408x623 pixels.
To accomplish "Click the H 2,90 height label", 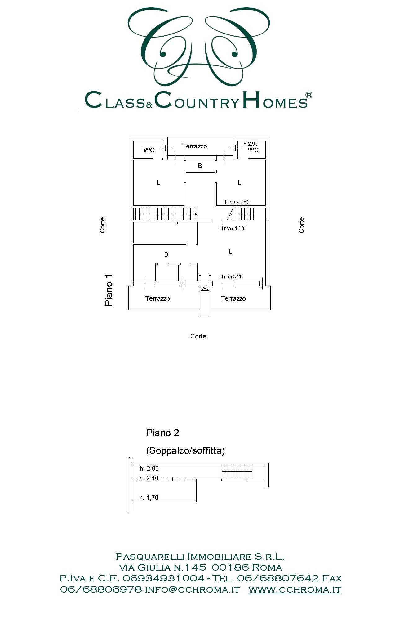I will (x=250, y=144).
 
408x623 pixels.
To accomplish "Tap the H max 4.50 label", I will (x=237, y=202).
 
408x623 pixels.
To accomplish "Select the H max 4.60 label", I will (x=232, y=228).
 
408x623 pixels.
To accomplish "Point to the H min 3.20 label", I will (x=231, y=276).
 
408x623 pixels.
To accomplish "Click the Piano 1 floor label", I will (x=109, y=290).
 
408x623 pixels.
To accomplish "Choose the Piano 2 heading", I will (x=162, y=433).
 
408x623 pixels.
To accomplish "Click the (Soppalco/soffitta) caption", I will (x=185, y=450).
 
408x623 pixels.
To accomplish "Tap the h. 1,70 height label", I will (x=149, y=498).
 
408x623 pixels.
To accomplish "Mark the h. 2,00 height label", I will (x=149, y=468).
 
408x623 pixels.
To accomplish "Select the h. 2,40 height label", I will (x=149, y=478).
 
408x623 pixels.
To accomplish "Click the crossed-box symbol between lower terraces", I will (x=205, y=288).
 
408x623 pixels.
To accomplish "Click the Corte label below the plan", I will (x=198, y=336).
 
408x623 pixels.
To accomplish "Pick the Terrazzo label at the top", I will (x=194, y=146).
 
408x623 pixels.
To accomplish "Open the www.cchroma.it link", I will (x=295, y=589).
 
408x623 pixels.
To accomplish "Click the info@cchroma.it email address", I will (x=193, y=589).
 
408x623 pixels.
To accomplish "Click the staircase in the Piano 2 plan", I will (x=237, y=471).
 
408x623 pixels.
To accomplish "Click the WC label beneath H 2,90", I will (x=253, y=150).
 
